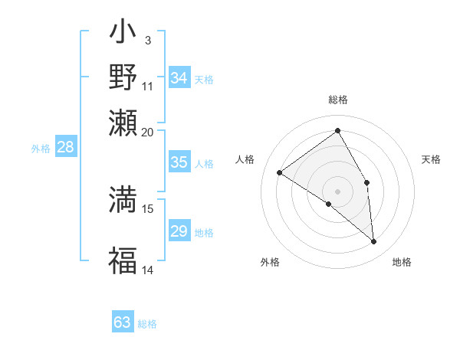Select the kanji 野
123,77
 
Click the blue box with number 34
179,78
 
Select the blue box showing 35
179,162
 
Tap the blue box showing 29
179,231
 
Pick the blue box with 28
66,148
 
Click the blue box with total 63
123,322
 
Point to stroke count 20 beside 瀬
147,131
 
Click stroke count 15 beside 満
148,208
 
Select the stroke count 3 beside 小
147,40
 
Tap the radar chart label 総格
337,100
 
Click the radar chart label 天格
432,159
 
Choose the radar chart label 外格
270,262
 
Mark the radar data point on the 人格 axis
280,172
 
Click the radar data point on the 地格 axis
373,241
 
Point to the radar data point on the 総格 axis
337,130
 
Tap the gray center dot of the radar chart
337,191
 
